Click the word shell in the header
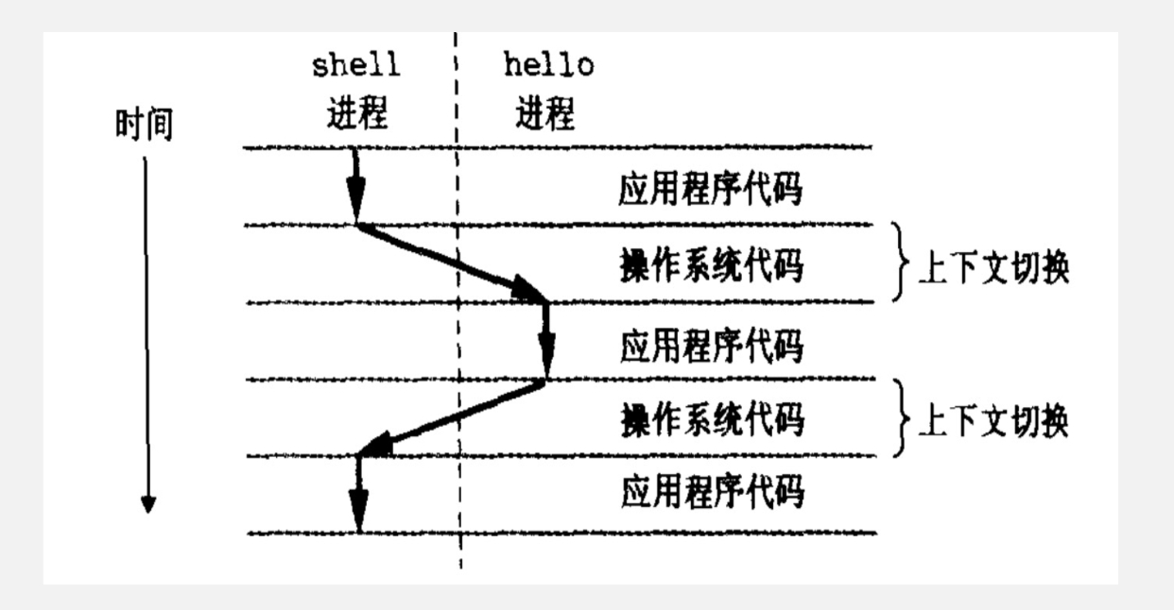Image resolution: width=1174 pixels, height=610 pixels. [x=355, y=68]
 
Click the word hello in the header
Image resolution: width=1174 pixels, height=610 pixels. [x=549, y=68]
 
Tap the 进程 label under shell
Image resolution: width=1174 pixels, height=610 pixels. [x=355, y=114]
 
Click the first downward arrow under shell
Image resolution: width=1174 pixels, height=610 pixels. [x=354, y=185]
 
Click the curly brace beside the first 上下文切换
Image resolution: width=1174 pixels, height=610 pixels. [x=899, y=263]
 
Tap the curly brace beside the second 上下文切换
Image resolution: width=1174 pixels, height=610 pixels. [x=901, y=418]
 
